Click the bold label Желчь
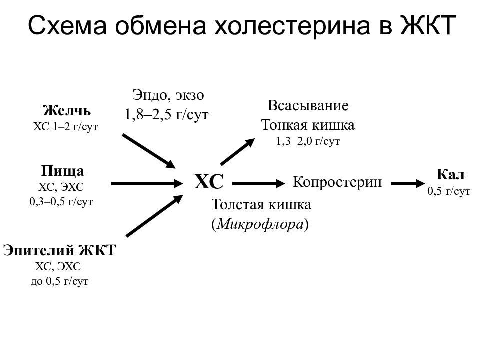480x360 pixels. click(67, 111)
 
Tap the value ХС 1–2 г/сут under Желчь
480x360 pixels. click(66, 126)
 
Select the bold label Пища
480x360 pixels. click(63, 171)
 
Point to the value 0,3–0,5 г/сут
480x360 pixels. click(61, 202)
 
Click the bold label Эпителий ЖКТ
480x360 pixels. click(59, 250)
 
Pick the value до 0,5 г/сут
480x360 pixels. click(59, 281)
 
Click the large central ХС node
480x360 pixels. click(209, 182)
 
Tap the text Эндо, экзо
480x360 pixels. click(168, 95)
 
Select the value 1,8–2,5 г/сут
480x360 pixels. click(167, 115)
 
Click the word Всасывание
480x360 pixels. click(308, 106)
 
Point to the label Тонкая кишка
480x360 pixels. click(308, 125)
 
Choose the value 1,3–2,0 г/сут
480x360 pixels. click(308, 141)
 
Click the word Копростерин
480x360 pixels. click(337, 182)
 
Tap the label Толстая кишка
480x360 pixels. click(261, 205)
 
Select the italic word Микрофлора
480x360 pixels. click(260, 224)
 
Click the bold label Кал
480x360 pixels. click(450, 175)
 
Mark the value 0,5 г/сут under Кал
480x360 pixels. click(449, 191)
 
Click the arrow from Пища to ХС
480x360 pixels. click(147, 184)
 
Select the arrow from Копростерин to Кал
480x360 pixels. click(408, 184)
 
